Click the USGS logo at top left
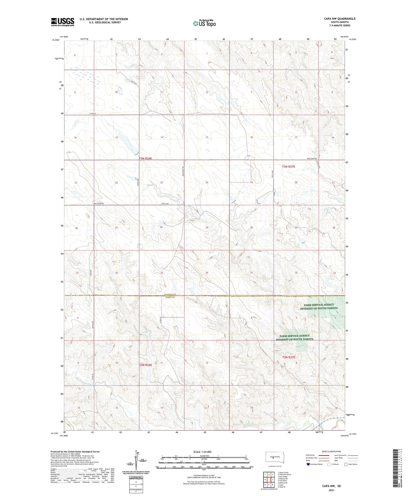(62, 22)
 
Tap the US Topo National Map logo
(204, 24)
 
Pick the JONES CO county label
(169, 297)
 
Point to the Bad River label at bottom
(249, 426)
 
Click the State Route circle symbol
(346, 464)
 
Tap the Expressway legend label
(311, 455)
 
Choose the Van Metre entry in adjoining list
(283, 481)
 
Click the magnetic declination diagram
(136, 460)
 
